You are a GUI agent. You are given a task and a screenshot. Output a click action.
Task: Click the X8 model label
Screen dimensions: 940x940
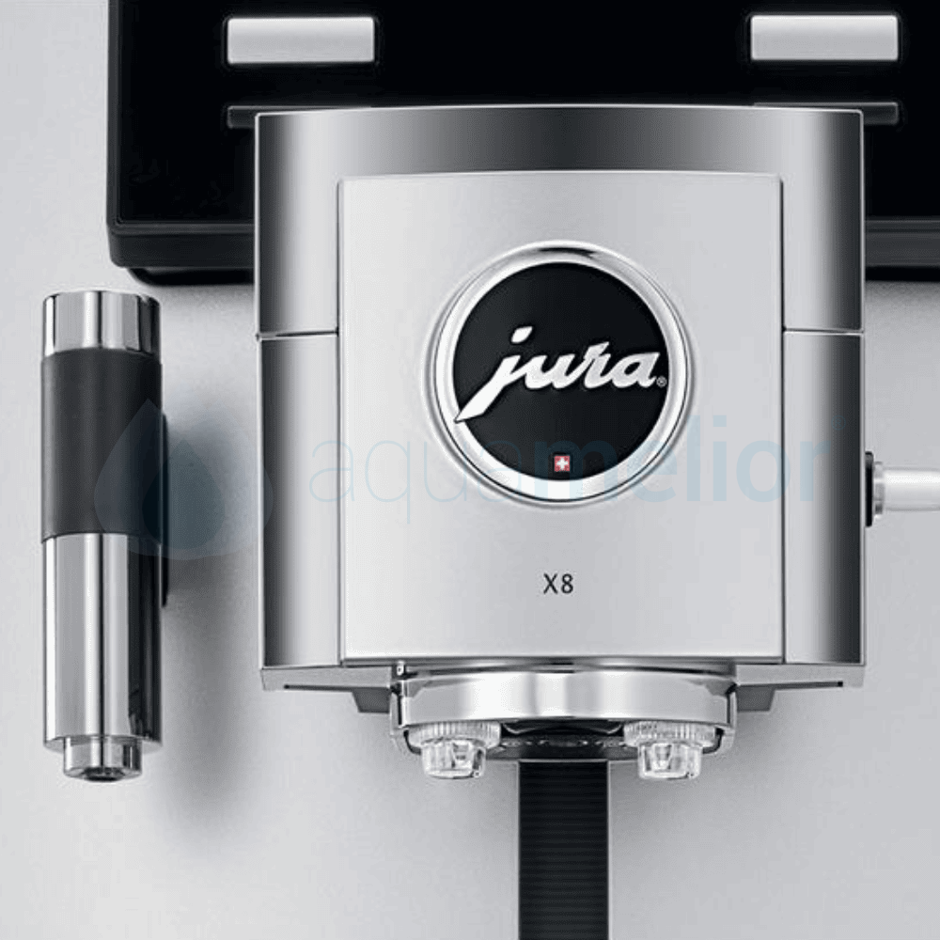[558, 584]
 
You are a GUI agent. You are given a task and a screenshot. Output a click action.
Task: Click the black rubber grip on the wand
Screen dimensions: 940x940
[102, 442]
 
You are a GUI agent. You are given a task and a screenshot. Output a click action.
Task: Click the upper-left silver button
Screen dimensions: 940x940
[301, 39]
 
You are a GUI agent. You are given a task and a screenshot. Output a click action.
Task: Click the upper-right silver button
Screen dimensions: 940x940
[824, 38]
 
